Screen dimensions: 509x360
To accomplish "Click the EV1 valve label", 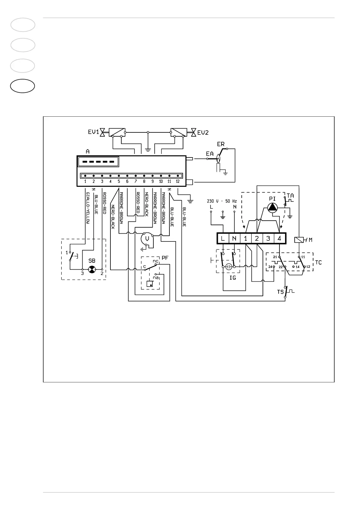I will click(93, 132).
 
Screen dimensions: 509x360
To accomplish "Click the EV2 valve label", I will click(203, 132).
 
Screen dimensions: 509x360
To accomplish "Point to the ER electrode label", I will click(221, 144).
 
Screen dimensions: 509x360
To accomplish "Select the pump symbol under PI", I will click(273, 207).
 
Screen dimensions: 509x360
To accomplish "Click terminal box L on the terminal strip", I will click(223, 238).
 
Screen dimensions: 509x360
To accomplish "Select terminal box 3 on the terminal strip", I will click(268, 238).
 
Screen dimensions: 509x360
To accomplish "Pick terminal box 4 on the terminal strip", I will click(280, 238).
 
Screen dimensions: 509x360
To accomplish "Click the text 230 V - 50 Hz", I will click(222, 201).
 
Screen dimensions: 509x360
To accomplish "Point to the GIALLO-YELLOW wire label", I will click(88, 208).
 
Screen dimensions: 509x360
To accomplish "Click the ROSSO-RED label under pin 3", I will click(104, 203).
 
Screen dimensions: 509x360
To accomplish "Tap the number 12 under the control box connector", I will click(178, 181).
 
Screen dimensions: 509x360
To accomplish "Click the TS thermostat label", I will click(280, 292).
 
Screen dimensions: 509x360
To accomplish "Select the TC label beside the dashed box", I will click(318, 262).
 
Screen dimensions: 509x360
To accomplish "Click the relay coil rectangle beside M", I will click(299, 240).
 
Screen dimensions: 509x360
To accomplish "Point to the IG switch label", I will click(232, 277).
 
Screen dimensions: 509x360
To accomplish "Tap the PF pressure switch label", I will click(165, 258).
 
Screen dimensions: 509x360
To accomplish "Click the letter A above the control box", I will click(88, 151).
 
